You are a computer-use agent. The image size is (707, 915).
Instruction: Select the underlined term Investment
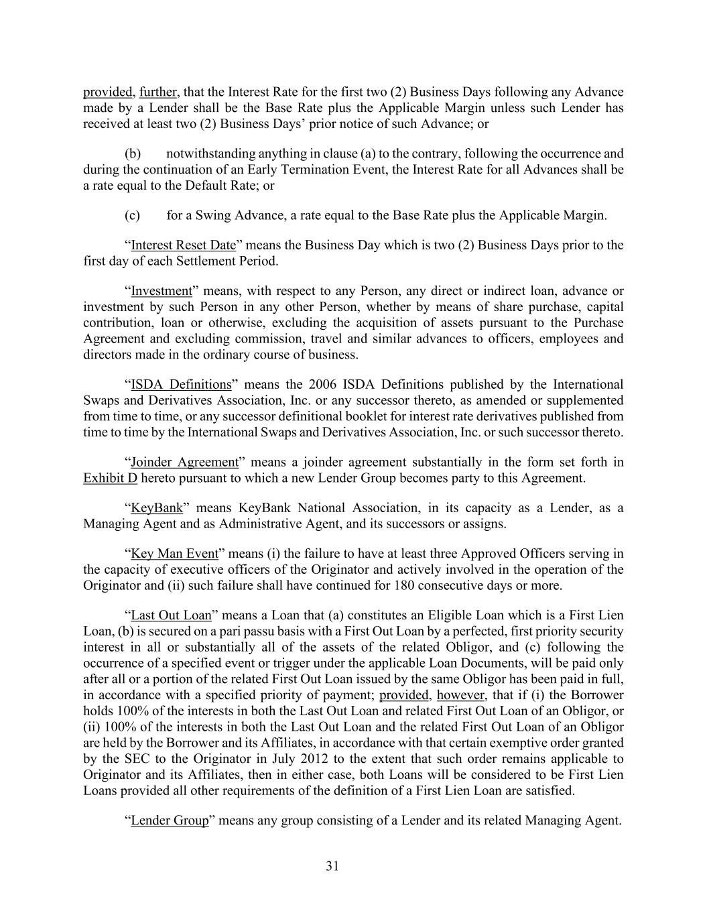coord(162,291)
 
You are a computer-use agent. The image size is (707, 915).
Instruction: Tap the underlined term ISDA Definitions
coord(181,385)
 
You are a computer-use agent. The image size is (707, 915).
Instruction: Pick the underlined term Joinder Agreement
coord(185,463)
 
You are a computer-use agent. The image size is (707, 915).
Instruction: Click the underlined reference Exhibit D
coord(110,479)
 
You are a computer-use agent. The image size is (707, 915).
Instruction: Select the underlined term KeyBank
coord(157,508)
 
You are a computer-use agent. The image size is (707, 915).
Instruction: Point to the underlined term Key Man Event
coord(175,554)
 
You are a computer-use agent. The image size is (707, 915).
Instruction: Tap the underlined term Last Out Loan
coord(171,615)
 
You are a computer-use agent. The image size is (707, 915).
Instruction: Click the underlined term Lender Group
coord(170,820)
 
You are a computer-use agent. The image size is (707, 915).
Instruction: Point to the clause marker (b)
coord(133,154)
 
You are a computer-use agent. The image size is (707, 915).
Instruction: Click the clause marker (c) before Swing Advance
coord(133,216)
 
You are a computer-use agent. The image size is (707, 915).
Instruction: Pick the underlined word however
coord(460,694)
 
